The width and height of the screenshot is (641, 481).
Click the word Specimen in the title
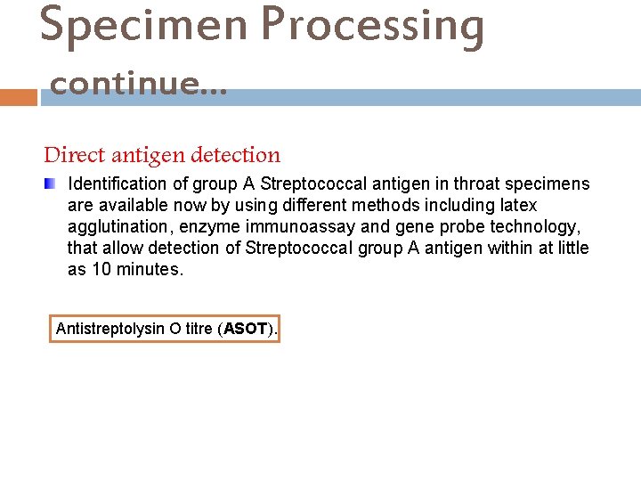(142, 25)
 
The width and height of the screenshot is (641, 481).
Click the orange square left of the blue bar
(18, 96)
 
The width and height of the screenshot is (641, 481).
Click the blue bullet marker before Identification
(51, 184)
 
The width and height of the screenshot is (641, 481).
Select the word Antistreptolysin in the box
(109, 329)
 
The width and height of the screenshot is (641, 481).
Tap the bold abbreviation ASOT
(246, 329)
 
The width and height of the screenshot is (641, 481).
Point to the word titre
(198, 329)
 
